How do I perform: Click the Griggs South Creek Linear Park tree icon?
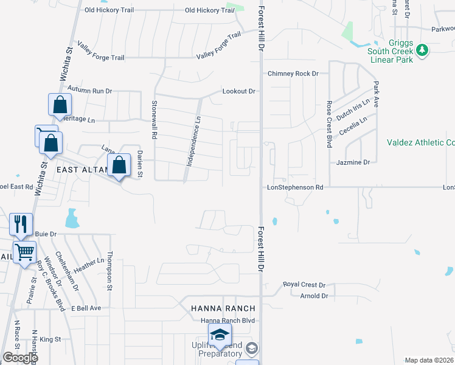coord(420,50)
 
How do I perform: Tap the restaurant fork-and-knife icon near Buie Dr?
coord(21,224)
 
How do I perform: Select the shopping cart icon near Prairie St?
coord(25,251)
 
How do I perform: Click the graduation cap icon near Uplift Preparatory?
coord(219,334)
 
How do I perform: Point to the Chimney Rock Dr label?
coord(293,74)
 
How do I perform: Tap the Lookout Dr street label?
coord(238,91)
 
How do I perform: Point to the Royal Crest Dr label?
coord(305,285)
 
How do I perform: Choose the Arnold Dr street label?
coord(314,296)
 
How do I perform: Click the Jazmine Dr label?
coord(353,162)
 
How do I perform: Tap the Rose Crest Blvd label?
coord(329,123)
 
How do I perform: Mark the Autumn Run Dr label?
coord(90,91)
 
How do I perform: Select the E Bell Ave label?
coord(86,308)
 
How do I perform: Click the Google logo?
coord(19,358)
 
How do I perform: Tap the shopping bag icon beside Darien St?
coord(119,164)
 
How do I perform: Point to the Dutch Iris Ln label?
coord(354,108)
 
